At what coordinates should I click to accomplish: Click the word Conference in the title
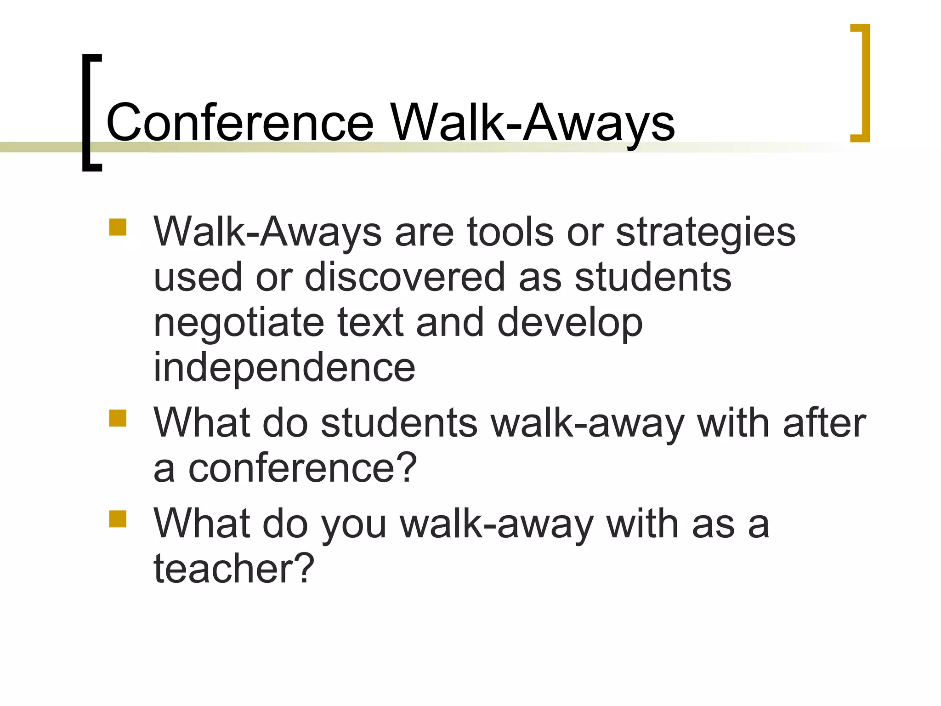tap(240, 122)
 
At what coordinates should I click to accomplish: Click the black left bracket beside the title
tap(87, 113)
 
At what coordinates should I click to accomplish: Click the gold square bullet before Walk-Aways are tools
tap(118, 227)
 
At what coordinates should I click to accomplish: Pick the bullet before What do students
tap(118, 418)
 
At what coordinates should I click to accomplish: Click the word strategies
tap(706, 233)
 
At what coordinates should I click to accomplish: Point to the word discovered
tap(404, 277)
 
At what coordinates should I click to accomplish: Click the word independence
tap(284, 368)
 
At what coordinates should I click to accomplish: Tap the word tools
tap(510, 232)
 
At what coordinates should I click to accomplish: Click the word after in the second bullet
tap(824, 423)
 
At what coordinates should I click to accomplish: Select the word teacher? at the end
tap(233, 568)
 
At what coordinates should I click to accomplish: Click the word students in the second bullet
tap(399, 423)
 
